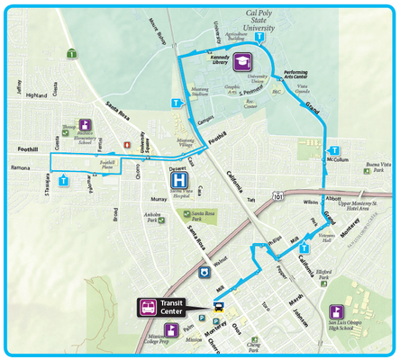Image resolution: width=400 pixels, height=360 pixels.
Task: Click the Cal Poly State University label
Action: pyautogui.click(x=271, y=21)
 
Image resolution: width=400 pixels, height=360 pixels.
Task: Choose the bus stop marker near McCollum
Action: pyautogui.click(x=333, y=149)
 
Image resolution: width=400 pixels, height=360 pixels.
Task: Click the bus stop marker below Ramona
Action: pyautogui.click(x=63, y=181)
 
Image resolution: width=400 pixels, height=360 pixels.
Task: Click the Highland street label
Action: pyautogui.click(x=37, y=94)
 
